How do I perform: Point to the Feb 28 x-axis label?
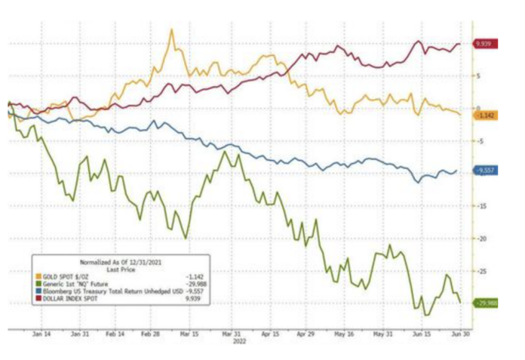152,333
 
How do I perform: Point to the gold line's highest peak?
173,30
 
